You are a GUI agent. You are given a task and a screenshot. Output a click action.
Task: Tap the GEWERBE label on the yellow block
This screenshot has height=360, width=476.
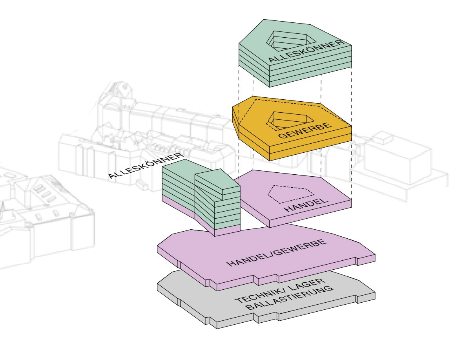pos(305,131)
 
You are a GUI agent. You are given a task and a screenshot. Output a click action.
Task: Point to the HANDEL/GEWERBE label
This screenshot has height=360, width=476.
pos(277,253)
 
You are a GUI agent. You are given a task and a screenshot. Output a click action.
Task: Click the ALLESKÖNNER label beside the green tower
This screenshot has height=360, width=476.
pos(146,166)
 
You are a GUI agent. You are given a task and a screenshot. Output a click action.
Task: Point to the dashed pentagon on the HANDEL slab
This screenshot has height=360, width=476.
pos(291,194)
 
